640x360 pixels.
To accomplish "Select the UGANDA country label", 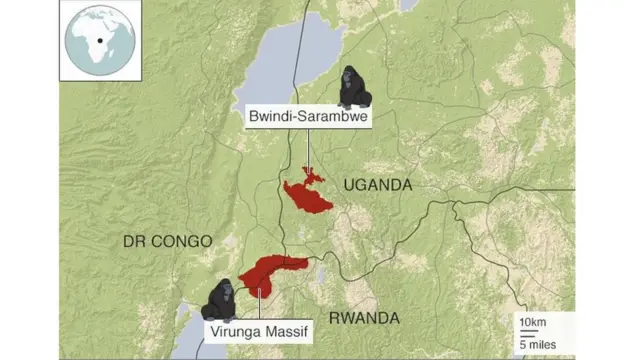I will pos(377,185).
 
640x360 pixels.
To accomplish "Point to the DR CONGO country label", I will pos(167,241).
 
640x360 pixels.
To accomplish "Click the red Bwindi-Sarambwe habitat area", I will pos(308,195).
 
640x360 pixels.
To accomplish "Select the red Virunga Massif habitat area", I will pos(270,270).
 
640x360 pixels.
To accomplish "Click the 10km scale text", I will pos(531,323).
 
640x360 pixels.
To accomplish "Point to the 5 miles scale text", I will pos(537,345).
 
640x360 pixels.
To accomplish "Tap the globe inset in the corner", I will pos(100,39).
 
